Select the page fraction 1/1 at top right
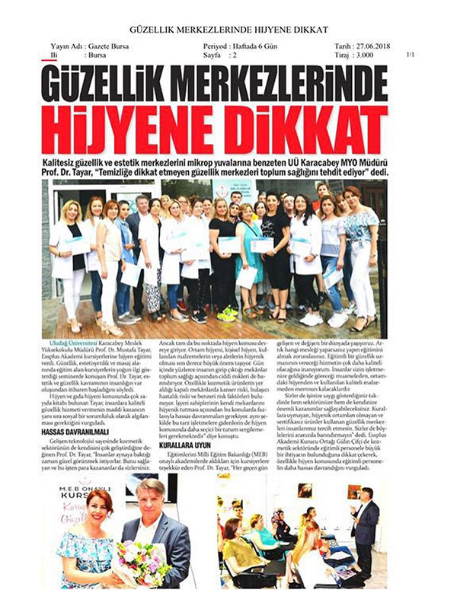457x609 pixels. (x=412, y=56)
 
